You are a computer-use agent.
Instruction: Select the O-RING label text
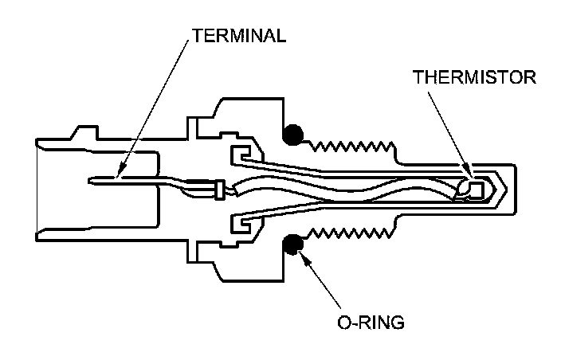point(370,323)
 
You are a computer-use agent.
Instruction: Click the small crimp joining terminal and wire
point(217,189)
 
